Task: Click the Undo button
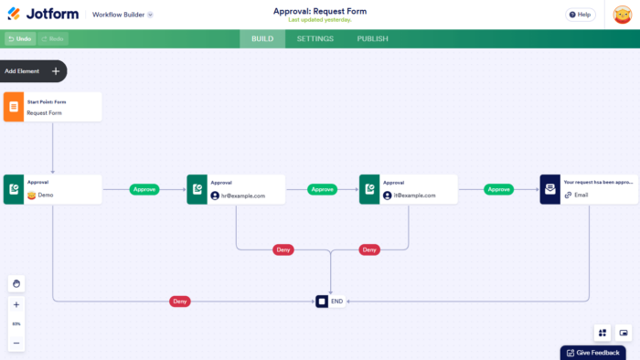point(19,39)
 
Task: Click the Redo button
point(52,39)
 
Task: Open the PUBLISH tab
point(372,39)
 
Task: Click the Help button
point(579,15)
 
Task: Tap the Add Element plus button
point(56,71)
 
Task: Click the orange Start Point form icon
point(13,106)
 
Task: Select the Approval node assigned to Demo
point(52,189)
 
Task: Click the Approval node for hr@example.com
point(236,189)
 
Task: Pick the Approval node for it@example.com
point(409,189)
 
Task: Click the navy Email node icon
point(550,189)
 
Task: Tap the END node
point(331,301)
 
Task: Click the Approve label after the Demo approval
point(144,189)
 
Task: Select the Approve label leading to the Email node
point(498,189)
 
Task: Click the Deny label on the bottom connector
point(181,301)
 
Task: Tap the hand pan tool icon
point(16,283)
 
